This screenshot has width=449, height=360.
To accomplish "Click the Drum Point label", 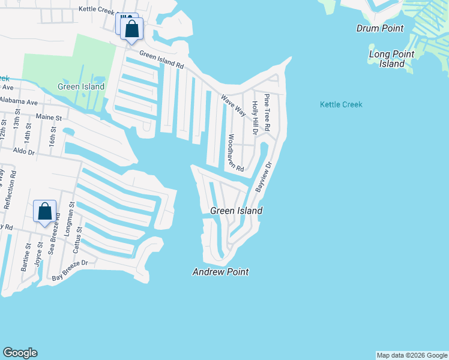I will (380, 28).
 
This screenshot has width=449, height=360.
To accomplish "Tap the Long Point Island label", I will (391, 59).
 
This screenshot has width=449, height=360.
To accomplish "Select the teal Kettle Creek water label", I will (341, 104).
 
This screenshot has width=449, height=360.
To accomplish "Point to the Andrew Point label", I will (220, 272).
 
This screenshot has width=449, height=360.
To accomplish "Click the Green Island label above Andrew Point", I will (236, 211).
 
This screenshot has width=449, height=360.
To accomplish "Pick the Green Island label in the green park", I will (81, 86).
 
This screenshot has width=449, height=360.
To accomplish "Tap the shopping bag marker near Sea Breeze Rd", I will (45, 212).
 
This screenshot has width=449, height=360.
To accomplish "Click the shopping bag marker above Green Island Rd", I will (132, 28).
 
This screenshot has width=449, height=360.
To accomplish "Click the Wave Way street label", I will (233, 105).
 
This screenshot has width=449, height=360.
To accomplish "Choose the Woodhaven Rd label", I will (235, 152).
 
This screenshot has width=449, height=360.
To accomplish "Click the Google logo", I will (20, 353).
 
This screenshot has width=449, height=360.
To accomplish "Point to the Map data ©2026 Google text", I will (412, 355).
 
